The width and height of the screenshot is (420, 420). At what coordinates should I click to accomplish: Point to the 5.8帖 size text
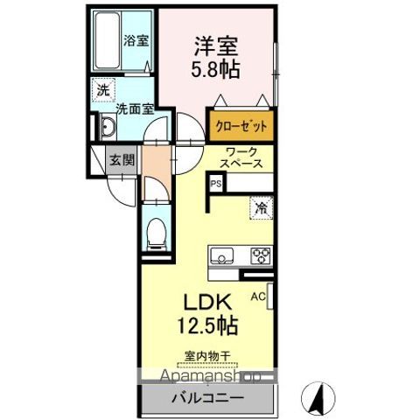216,68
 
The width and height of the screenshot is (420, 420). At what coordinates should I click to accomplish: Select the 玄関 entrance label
120,160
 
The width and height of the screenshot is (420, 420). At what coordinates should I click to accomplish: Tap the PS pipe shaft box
215,184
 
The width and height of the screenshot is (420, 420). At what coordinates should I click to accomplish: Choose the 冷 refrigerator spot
260,207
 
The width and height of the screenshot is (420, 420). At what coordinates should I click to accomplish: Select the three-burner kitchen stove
260,256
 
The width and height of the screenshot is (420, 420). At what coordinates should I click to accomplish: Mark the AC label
258,296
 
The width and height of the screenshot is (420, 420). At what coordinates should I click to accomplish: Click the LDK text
206,301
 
